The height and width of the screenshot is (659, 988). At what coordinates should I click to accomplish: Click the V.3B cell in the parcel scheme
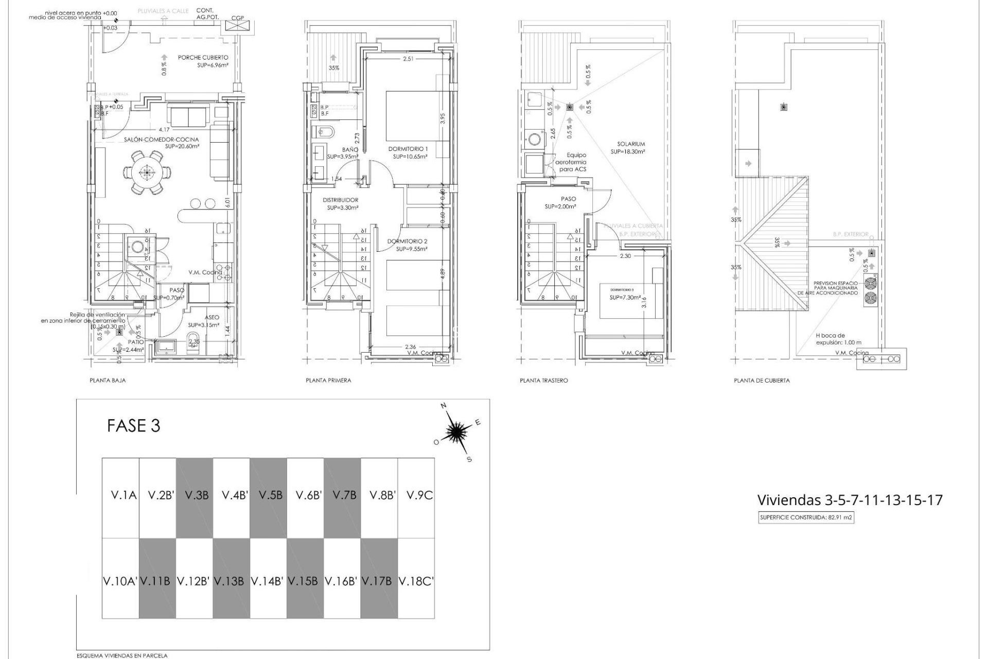(x=195, y=495)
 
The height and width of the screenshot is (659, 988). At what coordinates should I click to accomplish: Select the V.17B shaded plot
(x=379, y=581)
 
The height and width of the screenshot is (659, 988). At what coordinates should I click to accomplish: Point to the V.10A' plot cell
(x=120, y=581)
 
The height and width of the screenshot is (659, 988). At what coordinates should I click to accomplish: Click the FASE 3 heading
(x=133, y=426)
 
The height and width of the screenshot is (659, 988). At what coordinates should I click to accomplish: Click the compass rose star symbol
(x=456, y=432)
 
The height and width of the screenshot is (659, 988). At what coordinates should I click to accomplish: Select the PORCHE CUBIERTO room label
(x=203, y=58)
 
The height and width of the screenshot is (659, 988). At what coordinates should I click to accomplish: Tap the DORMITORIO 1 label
(x=408, y=149)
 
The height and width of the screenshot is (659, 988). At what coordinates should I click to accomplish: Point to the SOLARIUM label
(x=631, y=144)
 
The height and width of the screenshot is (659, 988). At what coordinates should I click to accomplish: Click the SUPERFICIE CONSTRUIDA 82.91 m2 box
(x=806, y=518)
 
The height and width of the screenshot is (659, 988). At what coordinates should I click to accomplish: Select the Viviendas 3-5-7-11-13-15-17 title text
(x=850, y=500)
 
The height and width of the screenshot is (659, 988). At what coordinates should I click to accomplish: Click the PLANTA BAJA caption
(x=108, y=380)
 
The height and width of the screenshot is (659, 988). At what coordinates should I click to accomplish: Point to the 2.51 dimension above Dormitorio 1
(x=408, y=59)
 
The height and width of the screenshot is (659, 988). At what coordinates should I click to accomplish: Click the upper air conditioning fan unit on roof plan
(x=870, y=283)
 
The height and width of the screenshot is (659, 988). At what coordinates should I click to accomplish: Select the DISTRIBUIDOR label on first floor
(x=340, y=200)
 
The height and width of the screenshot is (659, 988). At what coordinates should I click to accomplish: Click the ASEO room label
(x=211, y=318)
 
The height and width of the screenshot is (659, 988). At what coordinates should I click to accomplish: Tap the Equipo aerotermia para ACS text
(x=573, y=162)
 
